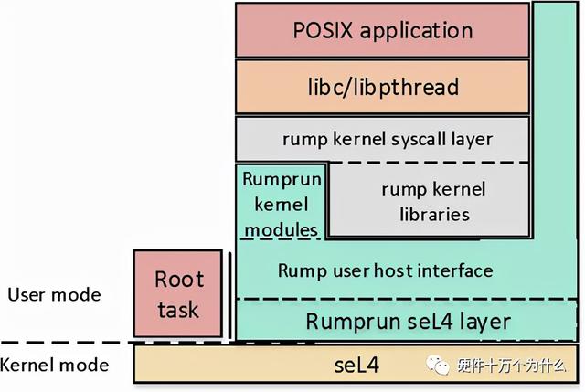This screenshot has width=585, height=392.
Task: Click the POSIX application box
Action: (x=383, y=30)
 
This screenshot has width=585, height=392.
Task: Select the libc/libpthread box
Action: (x=383, y=88)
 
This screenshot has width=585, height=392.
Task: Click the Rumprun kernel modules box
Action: (x=281, y=204)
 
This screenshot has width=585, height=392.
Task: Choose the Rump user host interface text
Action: (x=385, y=270)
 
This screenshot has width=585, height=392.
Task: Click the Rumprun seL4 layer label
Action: (x=407, y=321)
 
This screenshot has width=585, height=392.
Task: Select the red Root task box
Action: (x=178, y=293)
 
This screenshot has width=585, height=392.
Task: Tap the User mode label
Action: (x=54, y=295)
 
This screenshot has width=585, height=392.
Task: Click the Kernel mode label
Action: (x=54, y=366)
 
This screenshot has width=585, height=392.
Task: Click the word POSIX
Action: (x=325, y=30)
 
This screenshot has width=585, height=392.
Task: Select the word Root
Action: (x=178, y=279)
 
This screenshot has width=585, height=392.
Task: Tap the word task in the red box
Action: (x=178, y=309)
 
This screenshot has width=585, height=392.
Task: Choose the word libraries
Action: (x=434, y=215)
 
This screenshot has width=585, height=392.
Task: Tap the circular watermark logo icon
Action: (x=440, y=366)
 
